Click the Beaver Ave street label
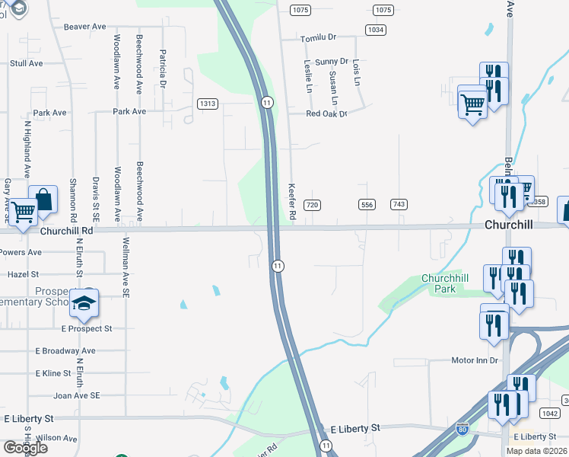tap(84, 27)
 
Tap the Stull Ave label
tap(26, 64)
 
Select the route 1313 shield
tap(208, 104)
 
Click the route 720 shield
tap(311, 205)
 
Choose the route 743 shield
tap(399, 205)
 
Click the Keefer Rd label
tap(291, 200)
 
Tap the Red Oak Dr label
tap(326, 113)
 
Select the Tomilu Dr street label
tap(318, 37)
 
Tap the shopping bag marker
tap(43, 200)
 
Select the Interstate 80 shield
tap(463, 430)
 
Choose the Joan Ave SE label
tap(76, 395)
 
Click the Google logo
tap(25, 447)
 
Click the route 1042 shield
tap(550, 413)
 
